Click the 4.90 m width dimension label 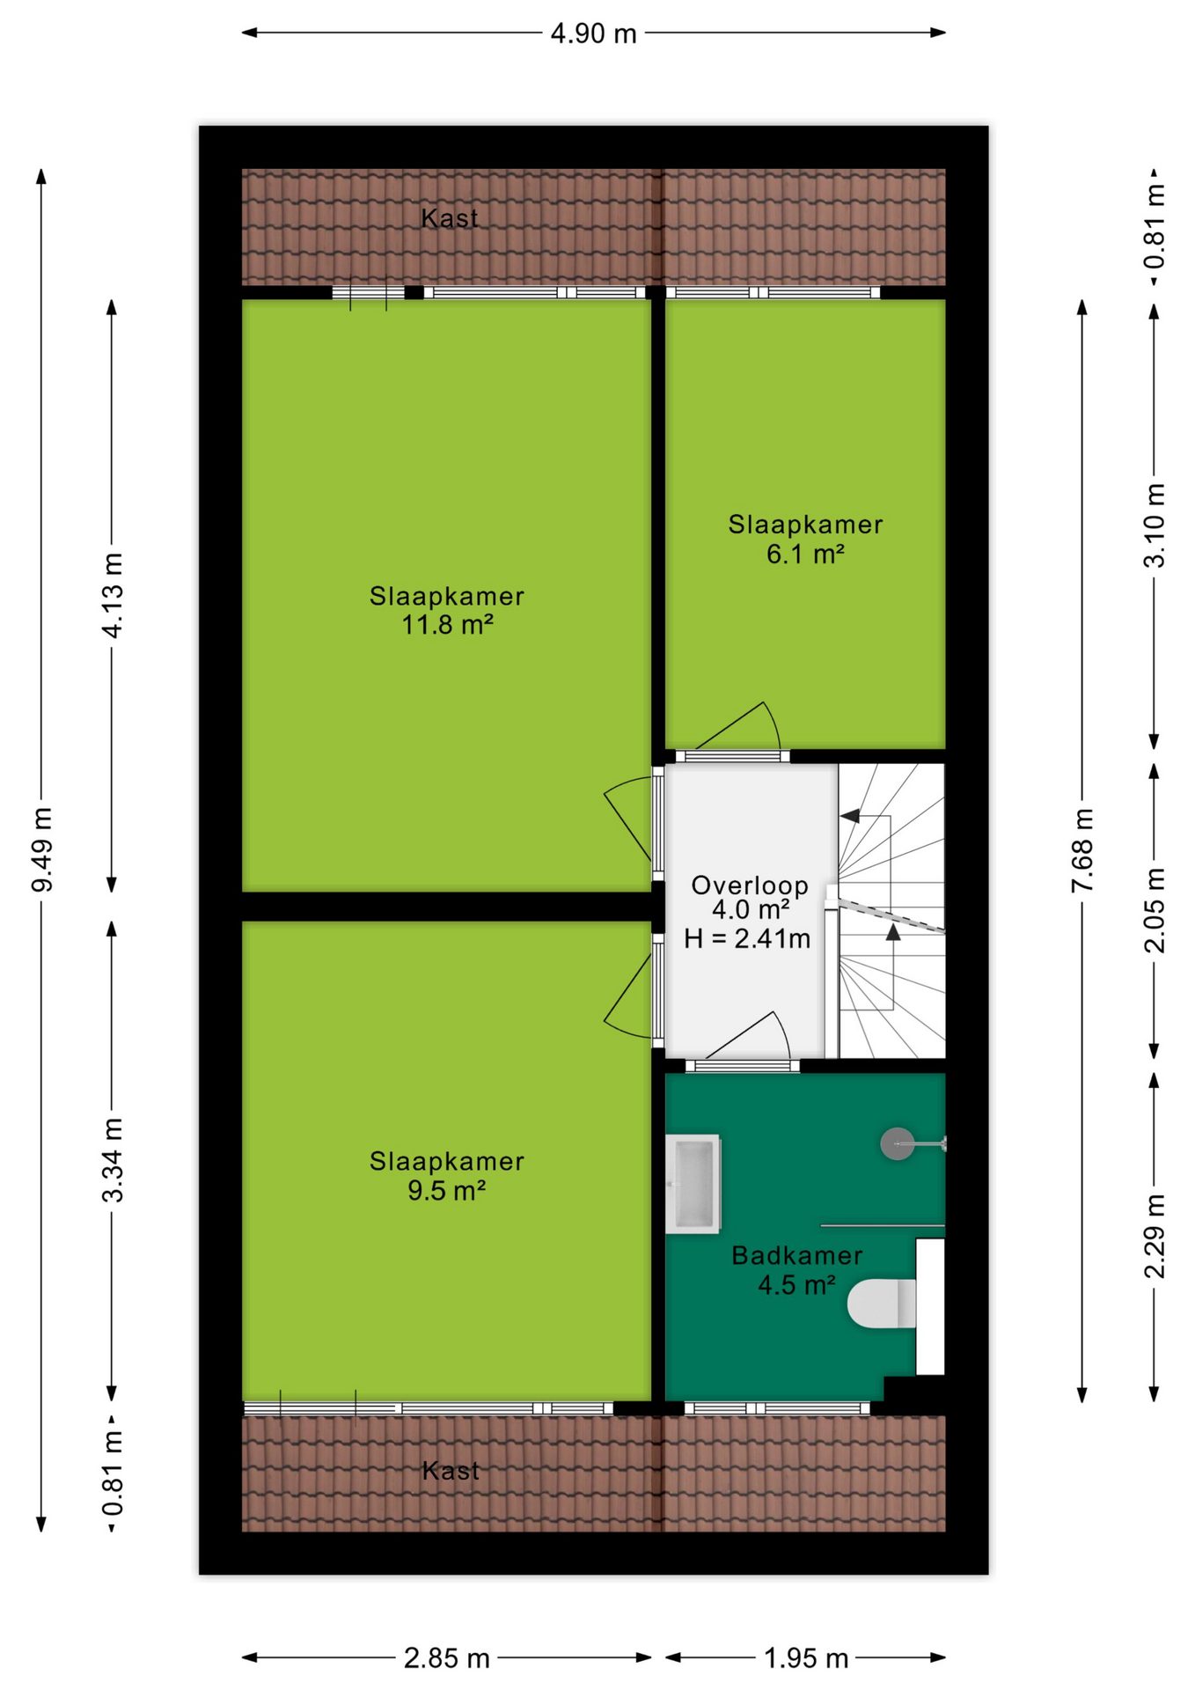pos(593,33)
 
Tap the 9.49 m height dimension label pos(42,849)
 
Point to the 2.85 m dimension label pos(446,1658)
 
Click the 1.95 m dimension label pos(805,1658)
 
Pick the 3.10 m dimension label pos(1155,525)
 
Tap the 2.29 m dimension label pos(1155,1237)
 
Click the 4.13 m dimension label pos(113,596)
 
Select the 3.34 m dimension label pos(113,1160)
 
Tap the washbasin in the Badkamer pos(693,1184)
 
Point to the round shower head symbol pos(897,1144)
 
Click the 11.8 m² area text pos(447,625)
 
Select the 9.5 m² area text pos(447,1191)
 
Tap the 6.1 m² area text pos(805,555)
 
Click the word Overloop pos(750,885)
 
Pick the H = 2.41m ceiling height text pos(747,938)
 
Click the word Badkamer pos(797,1256)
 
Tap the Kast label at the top pos(450,218)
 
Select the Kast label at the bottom pos(451,1471)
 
